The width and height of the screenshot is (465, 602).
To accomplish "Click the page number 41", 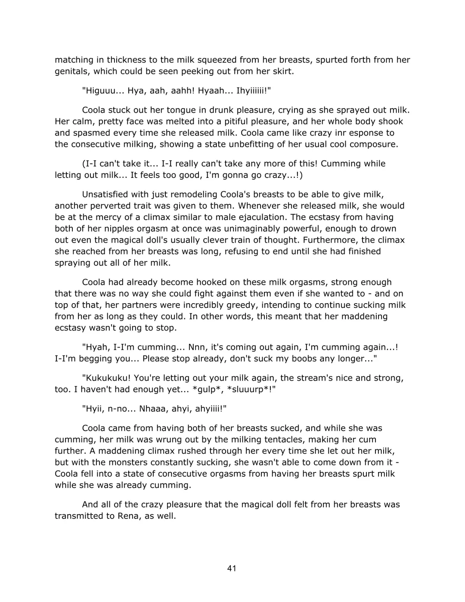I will [232, 568].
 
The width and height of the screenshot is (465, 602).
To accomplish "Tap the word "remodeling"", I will [195, 195].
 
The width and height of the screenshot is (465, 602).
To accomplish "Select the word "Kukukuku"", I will [106, 378].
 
